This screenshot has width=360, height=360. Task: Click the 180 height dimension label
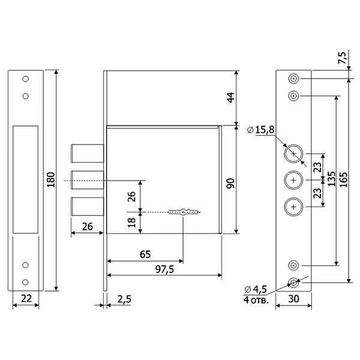pyautogui.click(x=51, y=179)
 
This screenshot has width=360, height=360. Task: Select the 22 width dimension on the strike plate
pyautogui.click(x=26, y=298)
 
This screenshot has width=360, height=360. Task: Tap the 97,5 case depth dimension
pyautogui.click(x=164, y=269)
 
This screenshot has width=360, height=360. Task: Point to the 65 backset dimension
pyautogui.click(x=145, y=254)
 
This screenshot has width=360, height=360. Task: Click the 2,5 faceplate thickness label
pyautogui.click(x=124, y=299)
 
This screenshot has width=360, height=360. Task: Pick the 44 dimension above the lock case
pyautogui.click(x=230, y=97)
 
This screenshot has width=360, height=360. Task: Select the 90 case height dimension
pyautogui.click(x=230, y=183)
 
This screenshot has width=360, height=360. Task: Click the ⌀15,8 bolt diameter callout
pyautogui.click(x=260, y=130)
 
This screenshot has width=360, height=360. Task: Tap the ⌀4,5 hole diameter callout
pyautogui.click(x=256, y=289)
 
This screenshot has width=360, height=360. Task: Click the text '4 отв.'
pyautogui.click(x=256, y=299)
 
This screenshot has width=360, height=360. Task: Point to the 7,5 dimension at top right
pyautogui.click(x=342, y=58)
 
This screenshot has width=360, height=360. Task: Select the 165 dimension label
pyautogui.click(x=343, y=179)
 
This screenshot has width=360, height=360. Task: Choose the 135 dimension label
pyautogui.click(x=331, y=179)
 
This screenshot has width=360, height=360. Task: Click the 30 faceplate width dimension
pyautogui.click(x=293, y=299)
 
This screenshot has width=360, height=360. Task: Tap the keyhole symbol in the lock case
pyautogui.click(x=183, y=212)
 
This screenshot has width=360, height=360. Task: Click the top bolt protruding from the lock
pyautogui.click(x=87, y=154)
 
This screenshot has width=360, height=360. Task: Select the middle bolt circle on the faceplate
pyautogui.click(x=293, y=180)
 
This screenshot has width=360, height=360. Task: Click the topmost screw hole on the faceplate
pyautogui.click(x=293, y=79)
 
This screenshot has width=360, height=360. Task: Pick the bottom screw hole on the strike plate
pyautogui.click(x=25, y=282)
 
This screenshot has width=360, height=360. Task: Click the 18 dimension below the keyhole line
pyautogui.click(x=132, y=223)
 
